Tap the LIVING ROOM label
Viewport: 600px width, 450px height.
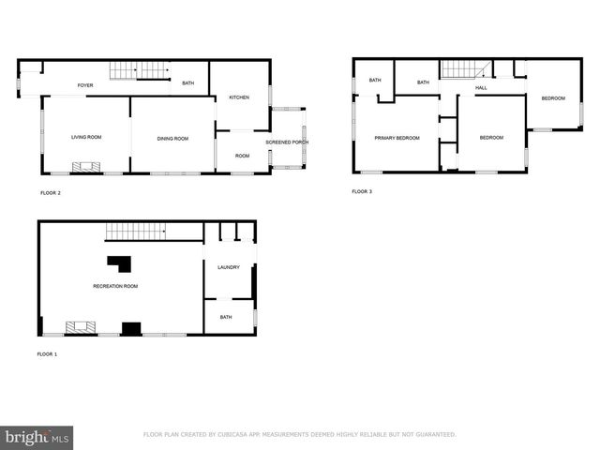(86, 138)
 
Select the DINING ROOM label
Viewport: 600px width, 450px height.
(172, 139)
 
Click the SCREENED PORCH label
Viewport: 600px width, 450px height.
(287, 142)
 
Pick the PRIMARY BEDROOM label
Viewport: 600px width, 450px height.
(397, 138)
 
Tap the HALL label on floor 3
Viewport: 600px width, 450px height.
(481, 88)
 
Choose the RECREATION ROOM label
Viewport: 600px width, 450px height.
(115, 286)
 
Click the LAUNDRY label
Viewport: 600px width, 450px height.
(229, 267)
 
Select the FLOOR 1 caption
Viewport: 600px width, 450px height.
(48, 354)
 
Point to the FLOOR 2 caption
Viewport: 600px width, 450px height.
(50, 193)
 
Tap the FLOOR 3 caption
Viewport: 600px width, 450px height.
(362, 192)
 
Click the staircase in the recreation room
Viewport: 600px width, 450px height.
(135, 231)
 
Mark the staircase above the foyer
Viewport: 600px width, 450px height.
(138, 69)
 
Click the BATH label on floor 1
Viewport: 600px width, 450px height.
(226, 317)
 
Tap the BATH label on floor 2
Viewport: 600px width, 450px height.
(188, 84)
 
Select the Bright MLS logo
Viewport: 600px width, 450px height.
(37, 437)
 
